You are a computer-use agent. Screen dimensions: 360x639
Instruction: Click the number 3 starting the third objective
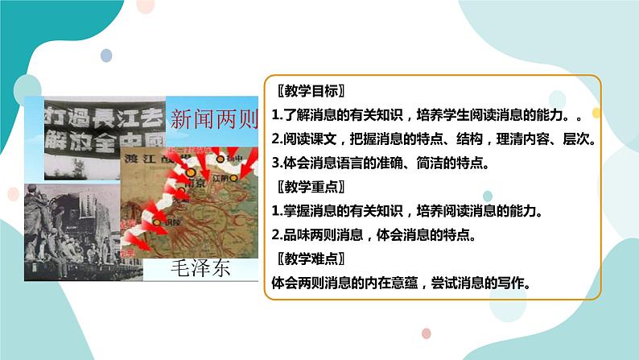point(275,163)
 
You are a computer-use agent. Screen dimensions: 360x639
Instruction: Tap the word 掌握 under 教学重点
point(296,211)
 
